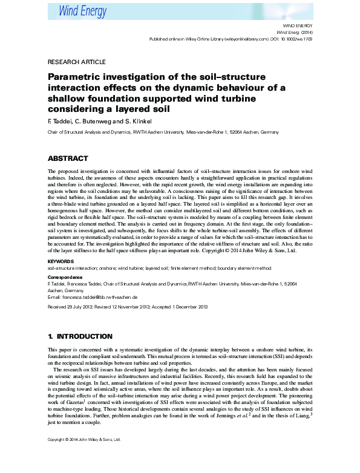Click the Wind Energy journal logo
coord(83,11)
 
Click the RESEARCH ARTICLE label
coord(76,62)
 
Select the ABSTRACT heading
coord(68,158)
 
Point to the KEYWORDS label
coord(61,261)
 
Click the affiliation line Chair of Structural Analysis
coord(163,131)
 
